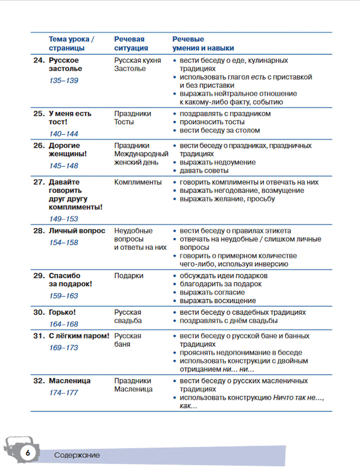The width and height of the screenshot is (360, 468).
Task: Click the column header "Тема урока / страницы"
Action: point(71,44)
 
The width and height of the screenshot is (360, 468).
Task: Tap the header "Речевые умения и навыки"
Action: point(203,44)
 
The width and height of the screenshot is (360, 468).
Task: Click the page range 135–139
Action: point(64,81)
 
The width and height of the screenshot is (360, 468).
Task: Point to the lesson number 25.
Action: point(39,114)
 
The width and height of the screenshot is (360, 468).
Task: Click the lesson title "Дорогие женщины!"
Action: point(68,150)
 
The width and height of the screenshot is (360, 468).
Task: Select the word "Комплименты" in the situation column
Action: point(138,182)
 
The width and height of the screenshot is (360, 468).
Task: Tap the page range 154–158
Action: point(64,243)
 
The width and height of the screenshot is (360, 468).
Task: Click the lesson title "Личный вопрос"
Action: point(77,231)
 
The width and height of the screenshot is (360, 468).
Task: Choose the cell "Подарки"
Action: point(129,276)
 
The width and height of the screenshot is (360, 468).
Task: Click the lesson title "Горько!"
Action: point(62,312)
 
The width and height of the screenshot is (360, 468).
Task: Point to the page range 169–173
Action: point(64,348)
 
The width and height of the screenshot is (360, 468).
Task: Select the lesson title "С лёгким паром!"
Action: point(79,336)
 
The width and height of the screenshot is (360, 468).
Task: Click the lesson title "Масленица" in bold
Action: point(69,381)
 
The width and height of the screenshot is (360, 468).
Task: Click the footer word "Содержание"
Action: point(77,455)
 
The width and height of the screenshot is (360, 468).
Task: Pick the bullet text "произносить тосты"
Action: point(212,122)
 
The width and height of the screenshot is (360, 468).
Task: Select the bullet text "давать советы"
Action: point(204,171)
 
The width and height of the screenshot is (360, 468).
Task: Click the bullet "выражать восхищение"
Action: point(218,301)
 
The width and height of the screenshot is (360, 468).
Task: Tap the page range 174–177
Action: point(64,393)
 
